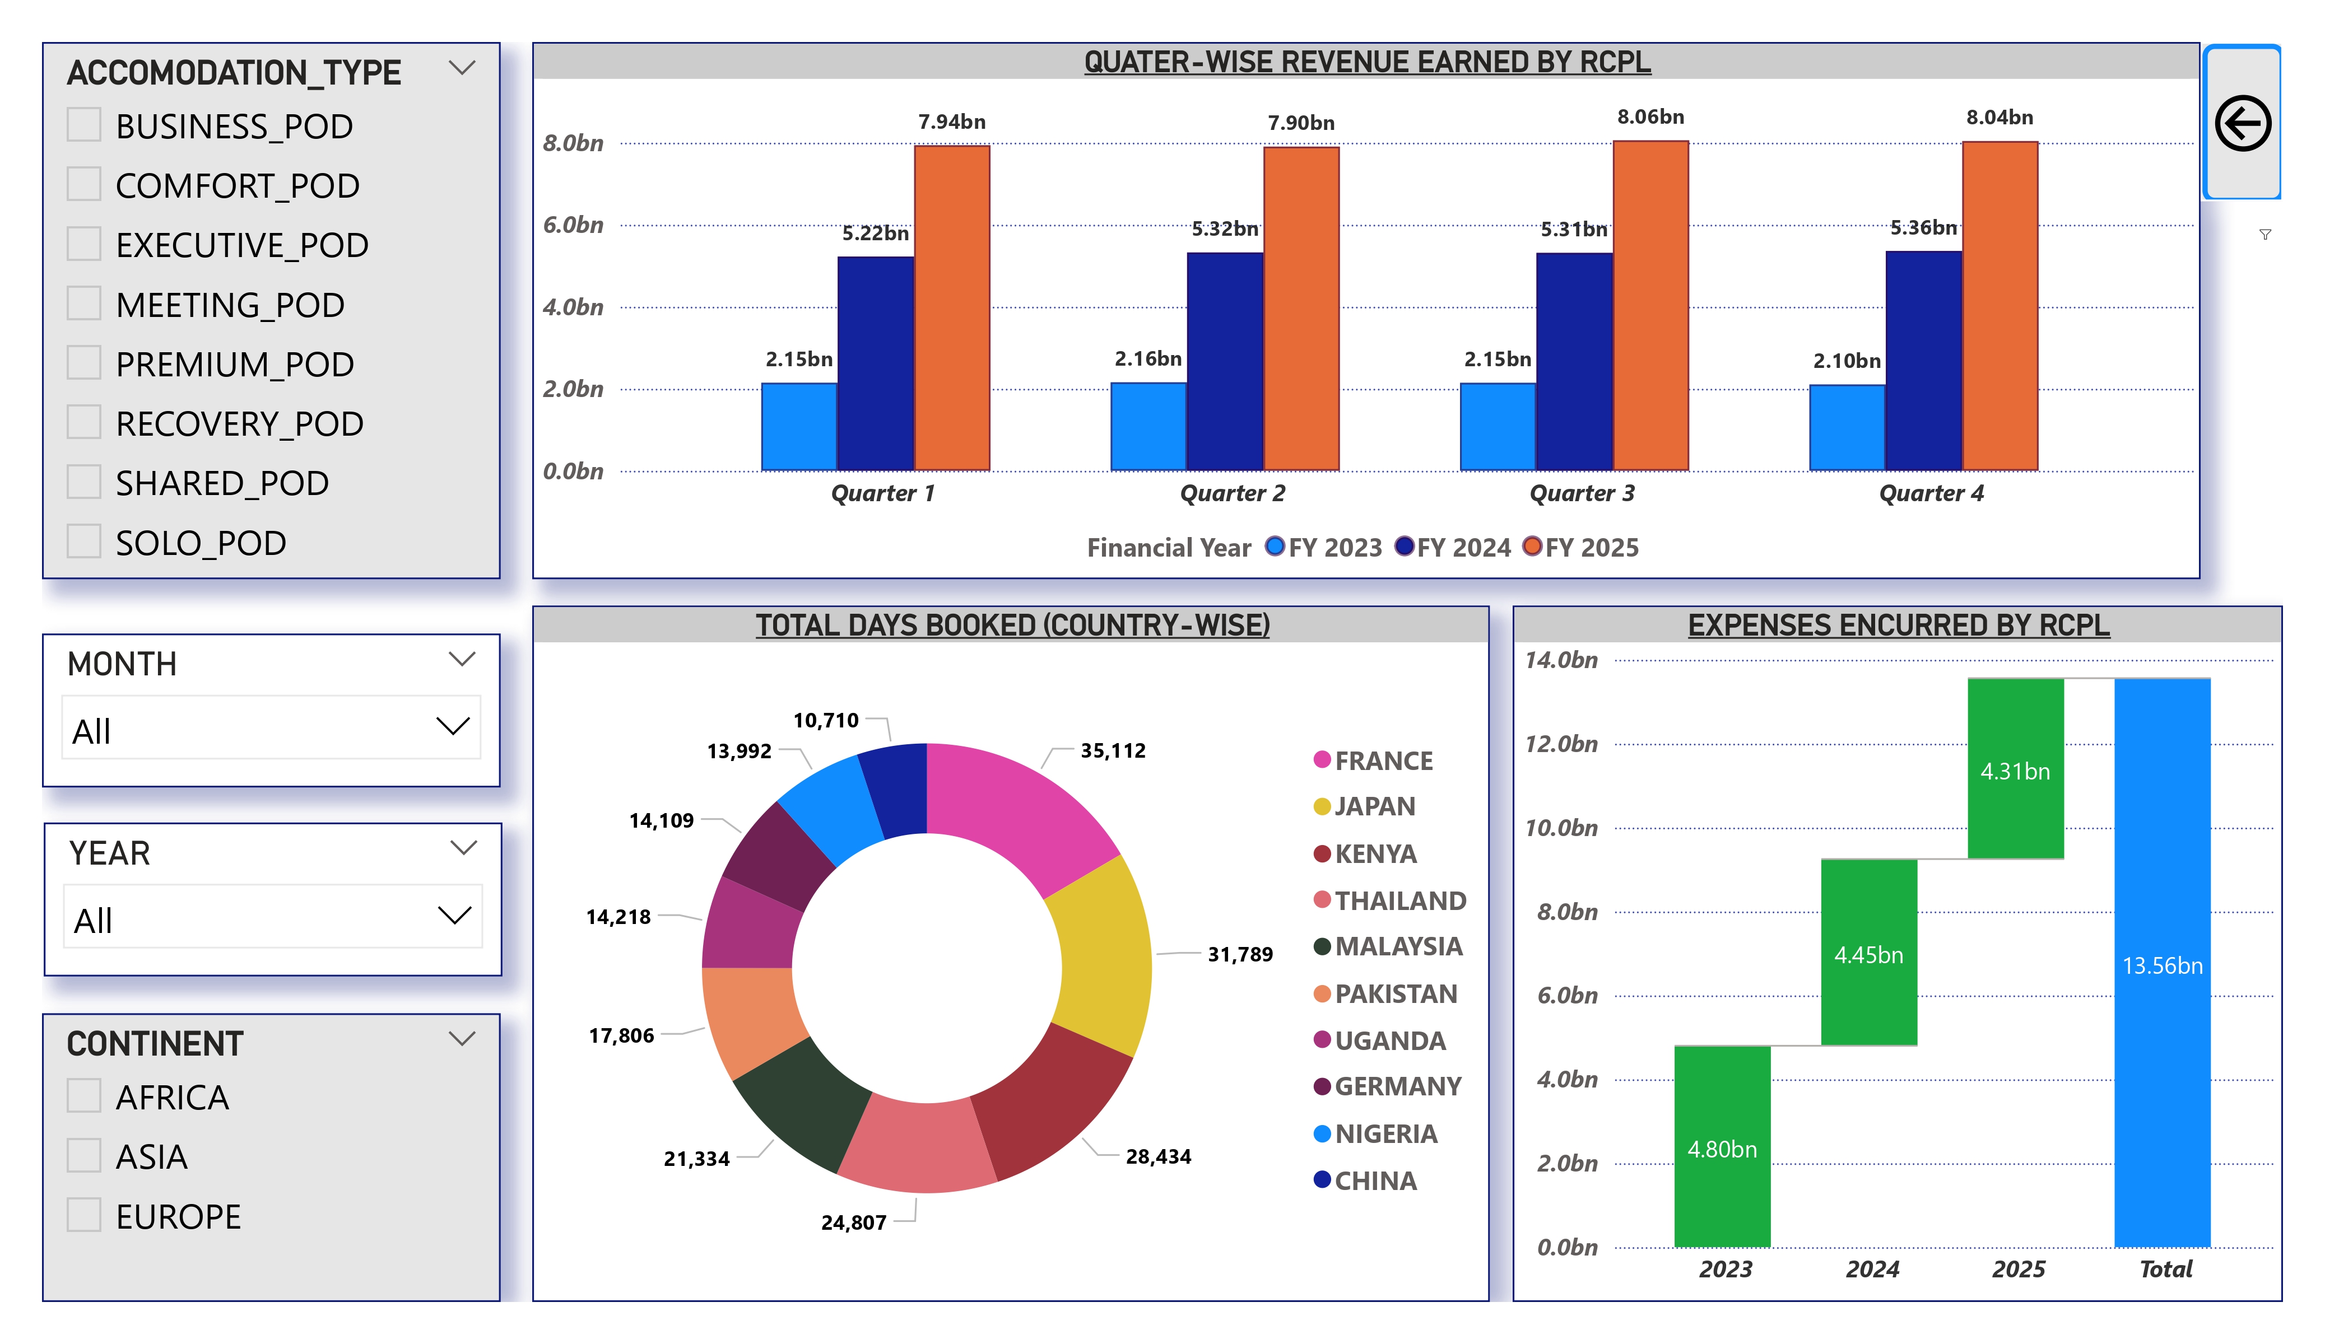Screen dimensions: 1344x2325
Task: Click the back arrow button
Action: point(2243,123)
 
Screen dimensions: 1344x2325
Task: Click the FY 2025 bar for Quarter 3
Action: point(1650,305)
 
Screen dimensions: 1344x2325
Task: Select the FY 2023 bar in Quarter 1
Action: point(799,426)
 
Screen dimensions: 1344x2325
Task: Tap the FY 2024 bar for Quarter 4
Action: point(1924,360)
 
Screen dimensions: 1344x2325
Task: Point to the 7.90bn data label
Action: point(1301,123)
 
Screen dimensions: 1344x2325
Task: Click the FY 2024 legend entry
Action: point(1454,547)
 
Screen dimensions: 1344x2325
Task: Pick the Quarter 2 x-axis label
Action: point(1233,493)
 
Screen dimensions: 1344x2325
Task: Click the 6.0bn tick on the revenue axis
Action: point(573,225)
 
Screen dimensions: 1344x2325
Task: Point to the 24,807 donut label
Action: point(853,1222)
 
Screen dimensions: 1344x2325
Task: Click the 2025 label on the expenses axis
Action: point(2019,1270)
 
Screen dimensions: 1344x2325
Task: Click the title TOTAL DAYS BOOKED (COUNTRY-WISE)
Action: point(1012,626)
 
